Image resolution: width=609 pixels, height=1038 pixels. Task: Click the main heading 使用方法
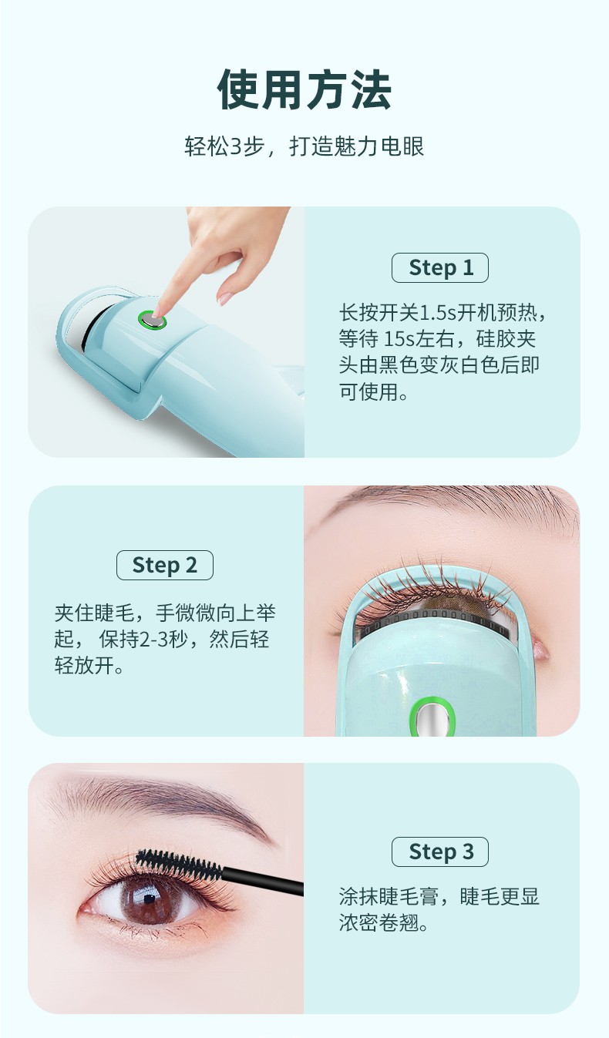(x=304, y=89)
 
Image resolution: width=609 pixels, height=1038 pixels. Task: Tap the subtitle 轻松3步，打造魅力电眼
(x=304, y=146)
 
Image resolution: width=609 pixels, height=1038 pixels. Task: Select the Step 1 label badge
(x=440, y=268)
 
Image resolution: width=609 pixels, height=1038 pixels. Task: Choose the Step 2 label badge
(x=164, y=566)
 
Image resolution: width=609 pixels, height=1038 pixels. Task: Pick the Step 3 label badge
(x=440, y=852)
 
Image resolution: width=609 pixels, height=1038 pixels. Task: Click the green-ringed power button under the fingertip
(x=152, y=321)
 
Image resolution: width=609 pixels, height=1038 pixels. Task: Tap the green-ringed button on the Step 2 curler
(x=432, y=717)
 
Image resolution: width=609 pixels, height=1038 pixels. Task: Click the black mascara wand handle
(x=263, y=882)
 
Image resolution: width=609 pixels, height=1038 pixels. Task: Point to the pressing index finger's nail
(x=158, y=312)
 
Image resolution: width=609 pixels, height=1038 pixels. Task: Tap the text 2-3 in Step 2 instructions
(x=153, y=640)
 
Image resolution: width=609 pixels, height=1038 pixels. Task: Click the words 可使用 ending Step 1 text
(x=368, y=392)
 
